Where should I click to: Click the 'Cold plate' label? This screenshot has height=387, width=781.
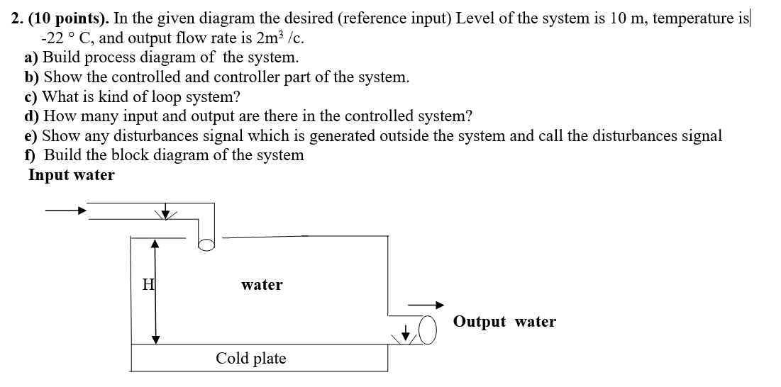coord(251,359)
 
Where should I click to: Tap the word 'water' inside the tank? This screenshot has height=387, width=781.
coord(262,285)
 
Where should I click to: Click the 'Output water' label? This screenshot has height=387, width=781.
coord(504,322)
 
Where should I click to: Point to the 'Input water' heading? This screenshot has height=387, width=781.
coord(71,175)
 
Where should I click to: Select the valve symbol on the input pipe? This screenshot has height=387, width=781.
coord(165,213)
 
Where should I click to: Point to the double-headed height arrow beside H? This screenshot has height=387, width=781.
coord(155,291)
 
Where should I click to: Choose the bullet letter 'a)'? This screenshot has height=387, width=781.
coord(33,57)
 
